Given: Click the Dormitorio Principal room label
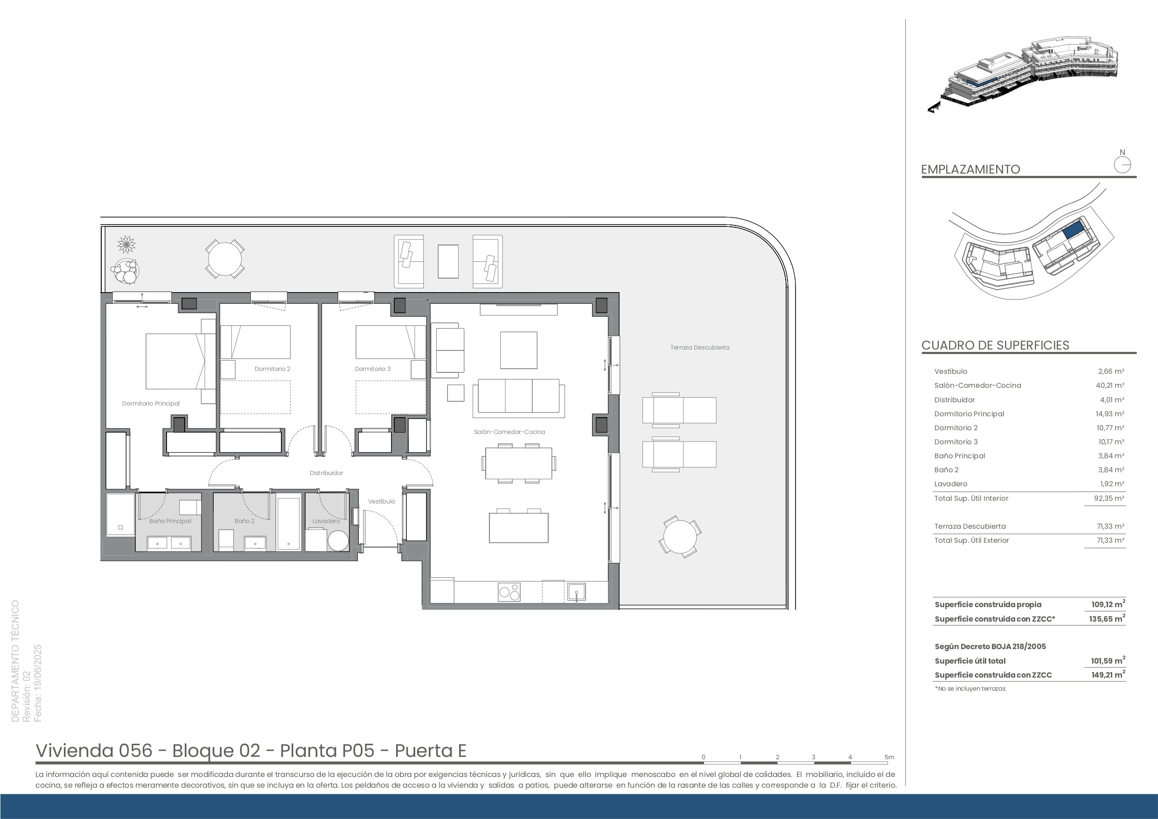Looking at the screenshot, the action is click(x=151, y=403).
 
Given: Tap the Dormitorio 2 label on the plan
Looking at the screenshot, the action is click(x=272, y=369).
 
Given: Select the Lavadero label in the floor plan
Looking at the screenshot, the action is click(x=326, y=521).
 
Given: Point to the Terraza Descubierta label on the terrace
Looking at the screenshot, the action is click(x=699, y=347).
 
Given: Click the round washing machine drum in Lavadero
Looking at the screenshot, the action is click(x=338, y=540).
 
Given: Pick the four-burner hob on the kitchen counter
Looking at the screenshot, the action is click(x=509, y=592).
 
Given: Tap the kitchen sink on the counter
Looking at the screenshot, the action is click(x=576, y=592).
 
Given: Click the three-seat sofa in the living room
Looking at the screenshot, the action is click(x=518, y=398).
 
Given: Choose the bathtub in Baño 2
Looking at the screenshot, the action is click(x=289, y=524).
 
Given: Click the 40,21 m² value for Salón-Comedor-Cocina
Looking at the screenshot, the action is click(x=1111, y=385).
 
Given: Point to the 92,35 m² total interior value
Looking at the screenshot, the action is click(x=1110, y=498).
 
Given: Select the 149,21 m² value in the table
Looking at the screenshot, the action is click(x=1108, y=674).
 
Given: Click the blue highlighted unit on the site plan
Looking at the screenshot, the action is click(x=1073, y=231).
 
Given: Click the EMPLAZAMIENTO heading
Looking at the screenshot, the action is click(x=970, y=169).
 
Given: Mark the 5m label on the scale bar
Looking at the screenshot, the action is click(x=889, y=757).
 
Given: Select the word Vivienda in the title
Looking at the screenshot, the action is click(x=74, y=750).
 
